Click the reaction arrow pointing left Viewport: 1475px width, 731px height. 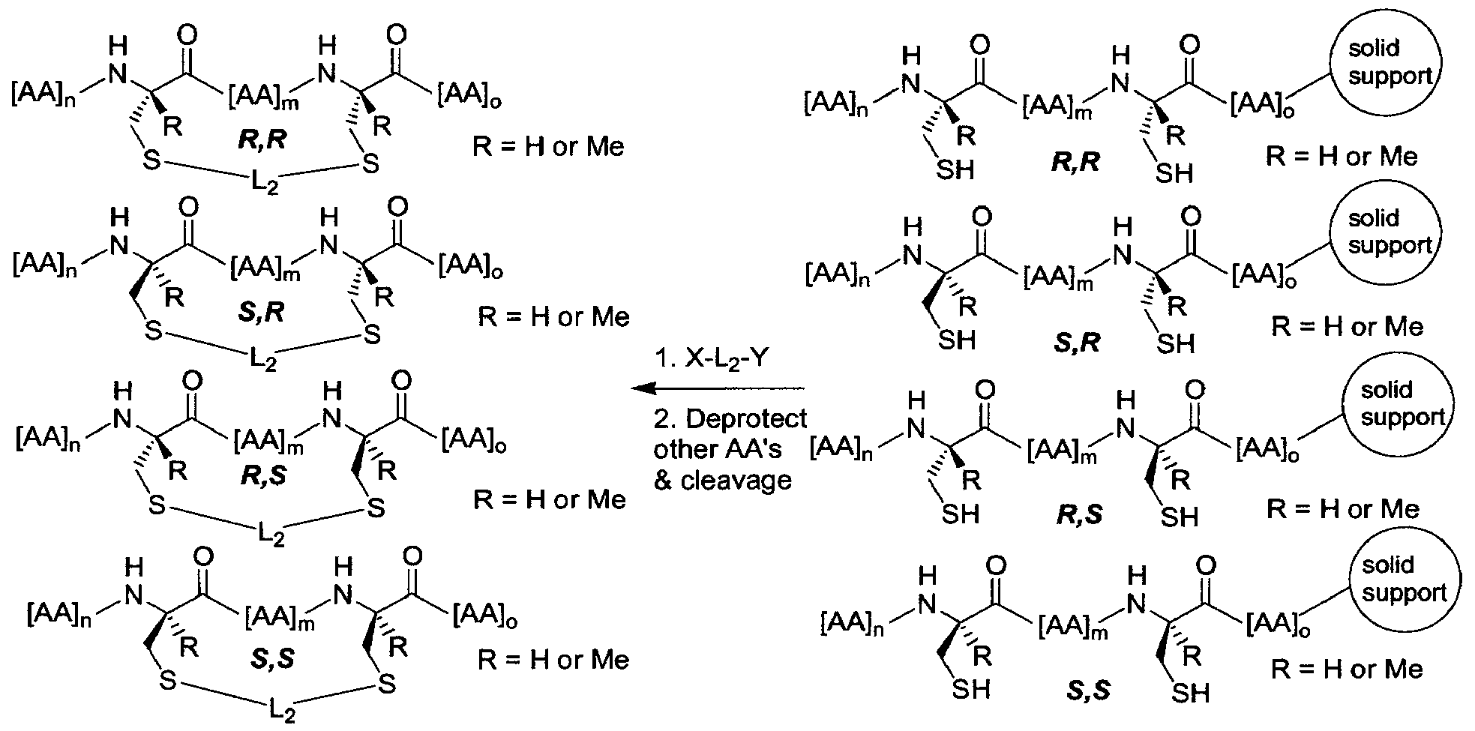coord(718,388)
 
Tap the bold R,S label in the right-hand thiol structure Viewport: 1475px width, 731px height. coord(1081,517)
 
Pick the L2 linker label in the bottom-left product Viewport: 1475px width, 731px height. coord(276,709)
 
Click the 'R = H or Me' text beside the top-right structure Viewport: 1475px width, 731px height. coord(1342,156)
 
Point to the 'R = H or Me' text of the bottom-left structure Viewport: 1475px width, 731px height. coord(553,660)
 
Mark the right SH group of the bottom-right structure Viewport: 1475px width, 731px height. coord(1190,692)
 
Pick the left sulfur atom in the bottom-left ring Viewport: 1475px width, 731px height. coord(167,681)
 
